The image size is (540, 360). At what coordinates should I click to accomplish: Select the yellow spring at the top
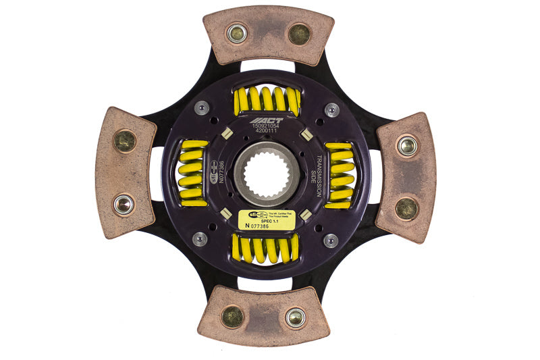pos(266,100)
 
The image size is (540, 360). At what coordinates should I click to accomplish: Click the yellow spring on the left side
pos(193,174)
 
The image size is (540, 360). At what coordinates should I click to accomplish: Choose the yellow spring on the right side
pos(340,175)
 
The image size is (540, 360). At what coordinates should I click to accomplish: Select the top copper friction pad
pos(268,36)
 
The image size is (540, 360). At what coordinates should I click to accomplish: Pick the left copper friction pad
pos(126,172)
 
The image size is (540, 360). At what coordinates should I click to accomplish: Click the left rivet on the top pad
pos(237,32)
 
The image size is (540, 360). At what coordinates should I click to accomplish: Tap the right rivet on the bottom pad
pos(295,317)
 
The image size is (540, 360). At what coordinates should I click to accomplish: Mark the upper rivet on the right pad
pos(406,145)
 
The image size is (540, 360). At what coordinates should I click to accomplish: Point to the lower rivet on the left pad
pos(124,204)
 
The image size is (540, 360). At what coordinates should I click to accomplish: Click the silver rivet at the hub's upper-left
pos(201,107)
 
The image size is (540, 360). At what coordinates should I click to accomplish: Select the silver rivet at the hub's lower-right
pos(330,240)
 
